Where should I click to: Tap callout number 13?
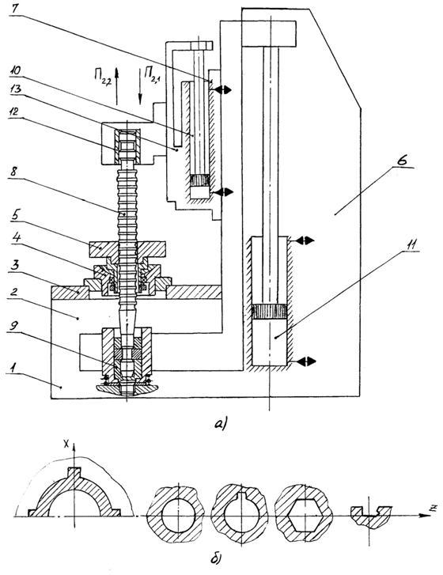[x=16, y=89]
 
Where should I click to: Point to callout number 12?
[x=15, y=111]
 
